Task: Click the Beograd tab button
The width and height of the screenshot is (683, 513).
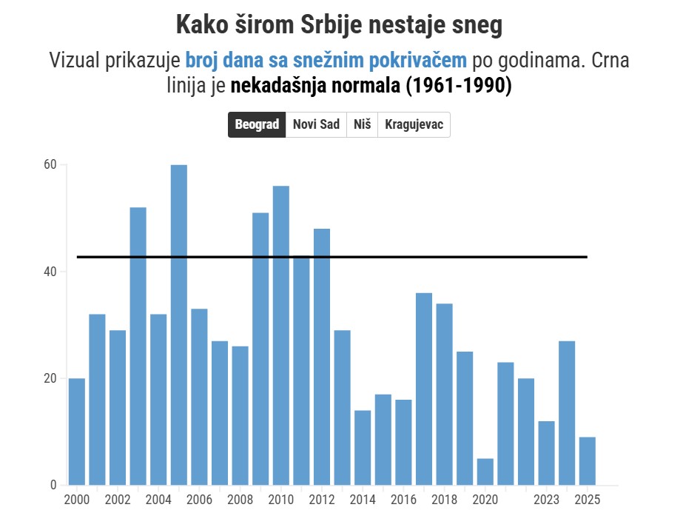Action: click(x=257, y=124)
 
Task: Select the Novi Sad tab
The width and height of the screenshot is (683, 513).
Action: click(x=316, y=124)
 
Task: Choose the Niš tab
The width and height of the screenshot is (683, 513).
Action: click(x=362, y=124)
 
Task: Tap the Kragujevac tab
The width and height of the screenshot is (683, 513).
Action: click(x=414, y=124)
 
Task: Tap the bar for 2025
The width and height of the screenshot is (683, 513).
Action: click(x=588, y=460)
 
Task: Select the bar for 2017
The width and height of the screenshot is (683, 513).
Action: click(x=424, y=389)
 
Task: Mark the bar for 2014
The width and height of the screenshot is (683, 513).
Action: click(x=363, y=447)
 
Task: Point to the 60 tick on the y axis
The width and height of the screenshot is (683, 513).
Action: click(x=50, y=164)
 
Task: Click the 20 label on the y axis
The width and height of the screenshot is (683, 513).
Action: click(x=50, y=378)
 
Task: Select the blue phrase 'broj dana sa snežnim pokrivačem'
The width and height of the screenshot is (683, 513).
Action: click(x=326, y=60)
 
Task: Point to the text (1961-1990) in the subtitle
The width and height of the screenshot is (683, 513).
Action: click(x=458, y=85)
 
